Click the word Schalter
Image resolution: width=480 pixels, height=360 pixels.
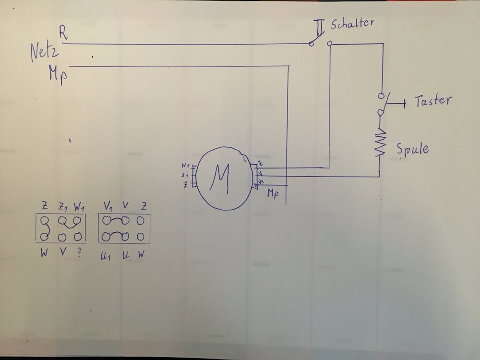coord(352,23)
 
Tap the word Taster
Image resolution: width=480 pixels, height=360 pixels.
coord(433,101)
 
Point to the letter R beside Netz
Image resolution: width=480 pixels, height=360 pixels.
coord(63,33)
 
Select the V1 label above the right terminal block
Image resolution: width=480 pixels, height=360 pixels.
coord(108,206)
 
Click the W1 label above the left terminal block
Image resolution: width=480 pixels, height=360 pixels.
coord(79,207)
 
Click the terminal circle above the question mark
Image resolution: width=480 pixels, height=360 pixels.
coord(78,237)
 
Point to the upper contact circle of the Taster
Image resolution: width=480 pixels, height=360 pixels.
coord(381,95)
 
